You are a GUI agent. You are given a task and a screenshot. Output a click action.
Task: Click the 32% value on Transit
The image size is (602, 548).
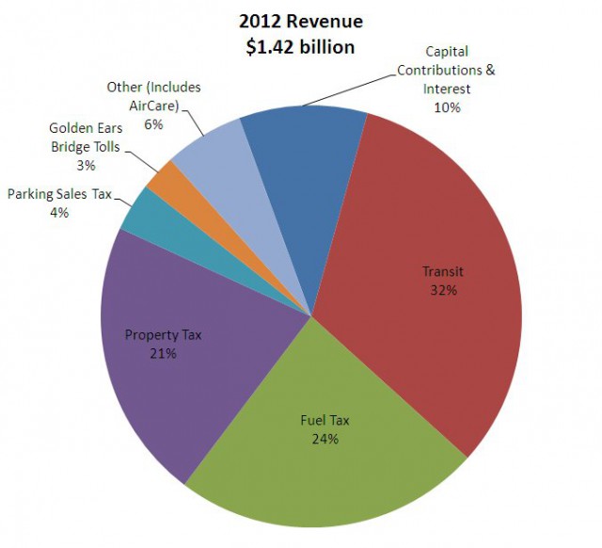coord(444,290)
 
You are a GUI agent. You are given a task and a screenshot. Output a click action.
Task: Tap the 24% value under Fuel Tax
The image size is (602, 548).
coord(325,439)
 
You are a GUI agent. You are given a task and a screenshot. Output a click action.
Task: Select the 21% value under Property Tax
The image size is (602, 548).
coord(164,353)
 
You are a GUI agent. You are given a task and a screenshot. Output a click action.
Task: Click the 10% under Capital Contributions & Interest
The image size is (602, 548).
coord(447,107)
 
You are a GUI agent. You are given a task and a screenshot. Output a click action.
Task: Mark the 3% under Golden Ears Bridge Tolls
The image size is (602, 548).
coord(86,166)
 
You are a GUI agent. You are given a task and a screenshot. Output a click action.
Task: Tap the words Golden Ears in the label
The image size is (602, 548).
coord(85,129)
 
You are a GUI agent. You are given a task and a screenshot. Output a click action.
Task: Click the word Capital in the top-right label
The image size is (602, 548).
coord(447,52)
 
